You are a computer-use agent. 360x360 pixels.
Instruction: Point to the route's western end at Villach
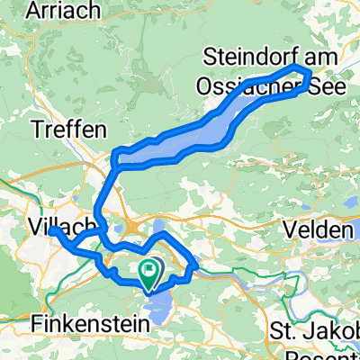coord(54,231)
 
